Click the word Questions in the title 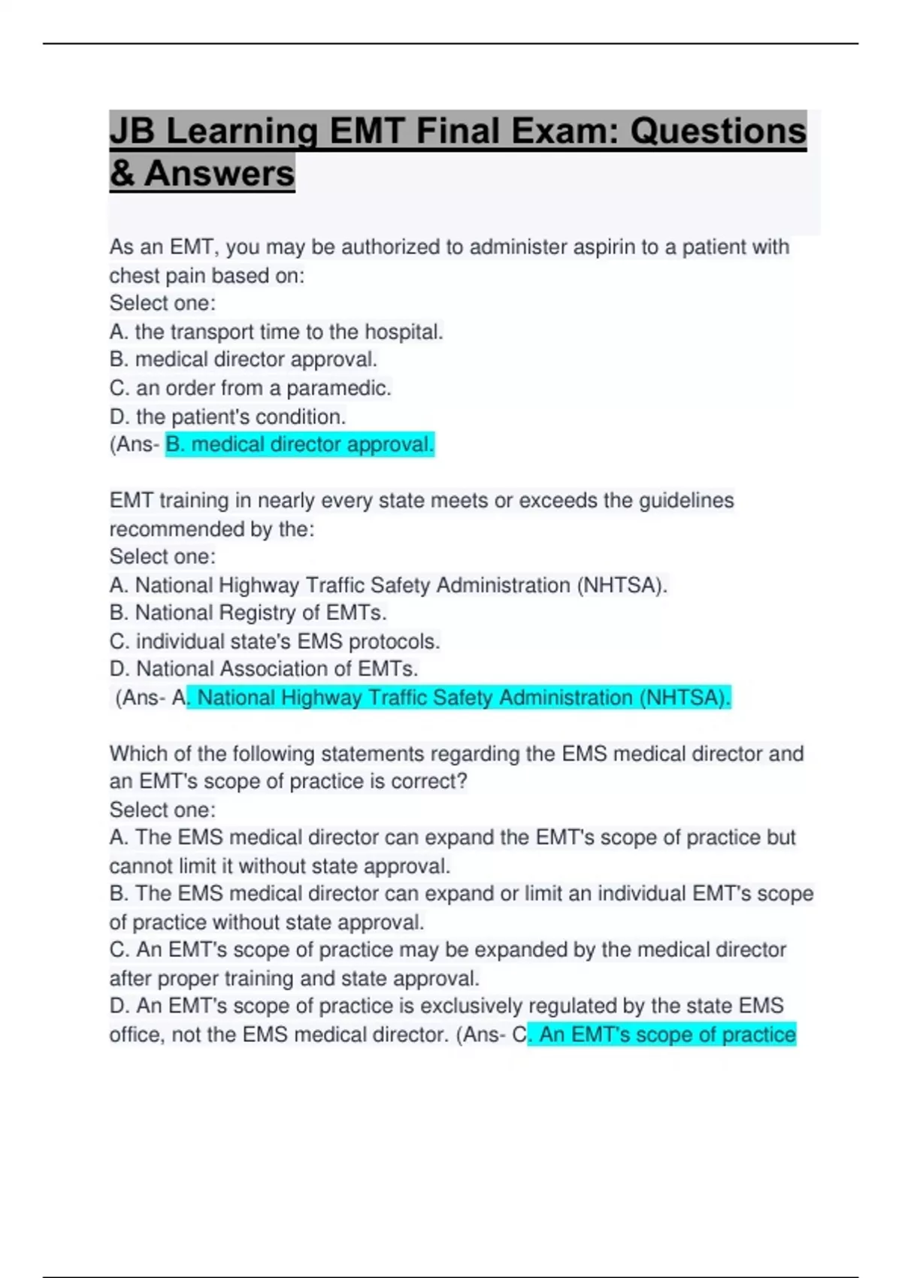pos(717,132)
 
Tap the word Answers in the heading pos(219,174)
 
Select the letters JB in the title pos(132,132)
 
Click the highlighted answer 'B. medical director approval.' pos(299,445)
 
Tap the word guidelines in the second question pos(686,501)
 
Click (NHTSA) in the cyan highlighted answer pos(685,698)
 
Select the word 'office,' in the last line pos(137,1035)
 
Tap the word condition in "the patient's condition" pos(300,417)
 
